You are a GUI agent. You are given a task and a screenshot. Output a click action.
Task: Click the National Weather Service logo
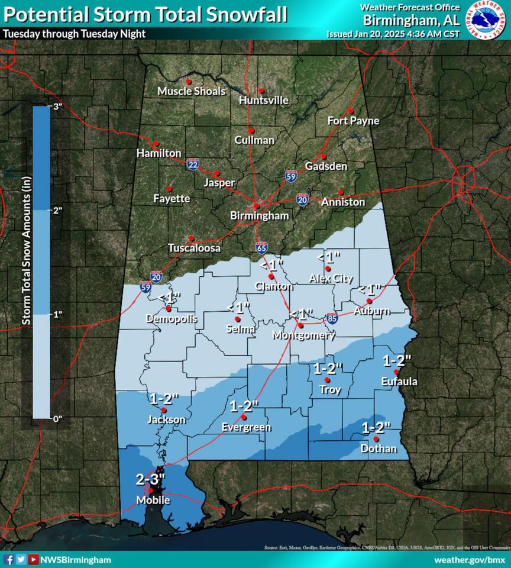tap(488, 20)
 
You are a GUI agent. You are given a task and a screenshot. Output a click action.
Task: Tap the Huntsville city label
tap(264, 101)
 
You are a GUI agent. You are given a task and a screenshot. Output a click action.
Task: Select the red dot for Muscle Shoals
tap(189, 82)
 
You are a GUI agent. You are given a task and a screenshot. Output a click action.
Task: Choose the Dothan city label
tap(379, 448)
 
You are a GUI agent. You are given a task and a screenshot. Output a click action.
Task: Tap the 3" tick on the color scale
tap(57, 106)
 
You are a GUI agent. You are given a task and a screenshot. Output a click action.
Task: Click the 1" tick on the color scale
tap(57, 314)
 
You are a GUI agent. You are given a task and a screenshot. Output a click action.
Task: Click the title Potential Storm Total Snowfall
tap(145, 14)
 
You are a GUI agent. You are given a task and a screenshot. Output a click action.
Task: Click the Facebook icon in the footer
tap(8, 559)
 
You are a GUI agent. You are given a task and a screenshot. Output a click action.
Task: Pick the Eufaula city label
tap(399, 382)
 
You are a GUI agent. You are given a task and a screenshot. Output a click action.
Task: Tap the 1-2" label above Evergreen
tap(244, 406)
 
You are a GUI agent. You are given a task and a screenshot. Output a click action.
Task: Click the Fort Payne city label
tap(353, 121)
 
